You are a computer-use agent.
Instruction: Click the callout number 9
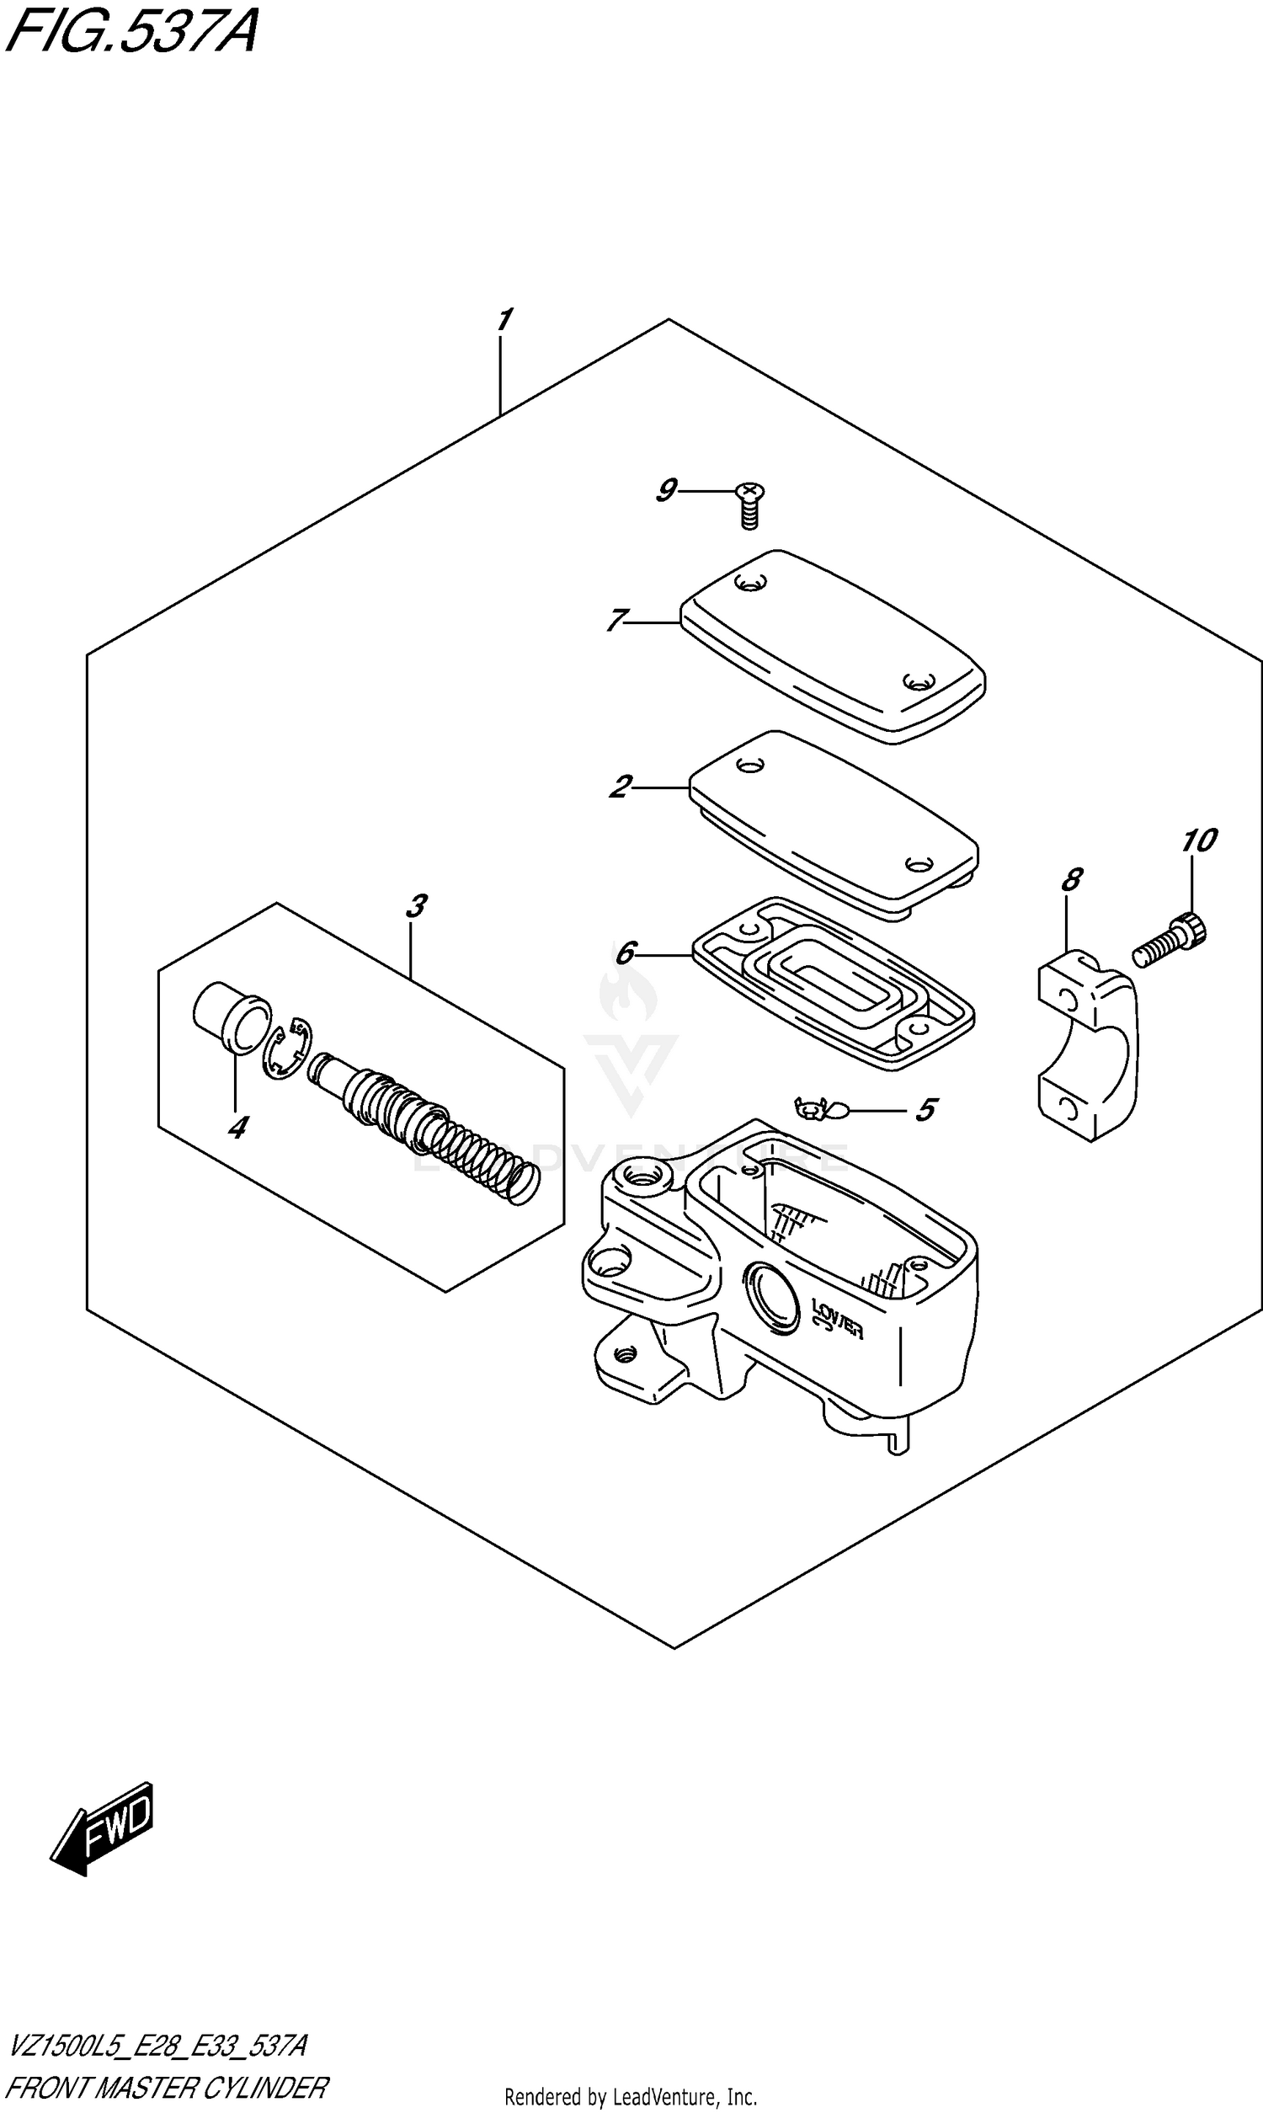665,490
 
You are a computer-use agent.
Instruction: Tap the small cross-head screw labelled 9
749,505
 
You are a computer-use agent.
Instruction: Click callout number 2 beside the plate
621,787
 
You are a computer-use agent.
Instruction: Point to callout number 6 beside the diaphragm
625,952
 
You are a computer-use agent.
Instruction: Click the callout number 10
1199,840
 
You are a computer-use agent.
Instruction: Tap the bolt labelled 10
1171,942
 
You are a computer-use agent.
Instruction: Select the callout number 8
1072,879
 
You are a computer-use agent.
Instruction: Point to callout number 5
926,1109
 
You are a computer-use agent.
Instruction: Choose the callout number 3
415,906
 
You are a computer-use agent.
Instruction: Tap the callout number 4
237,1128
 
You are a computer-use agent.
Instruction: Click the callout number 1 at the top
503,320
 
